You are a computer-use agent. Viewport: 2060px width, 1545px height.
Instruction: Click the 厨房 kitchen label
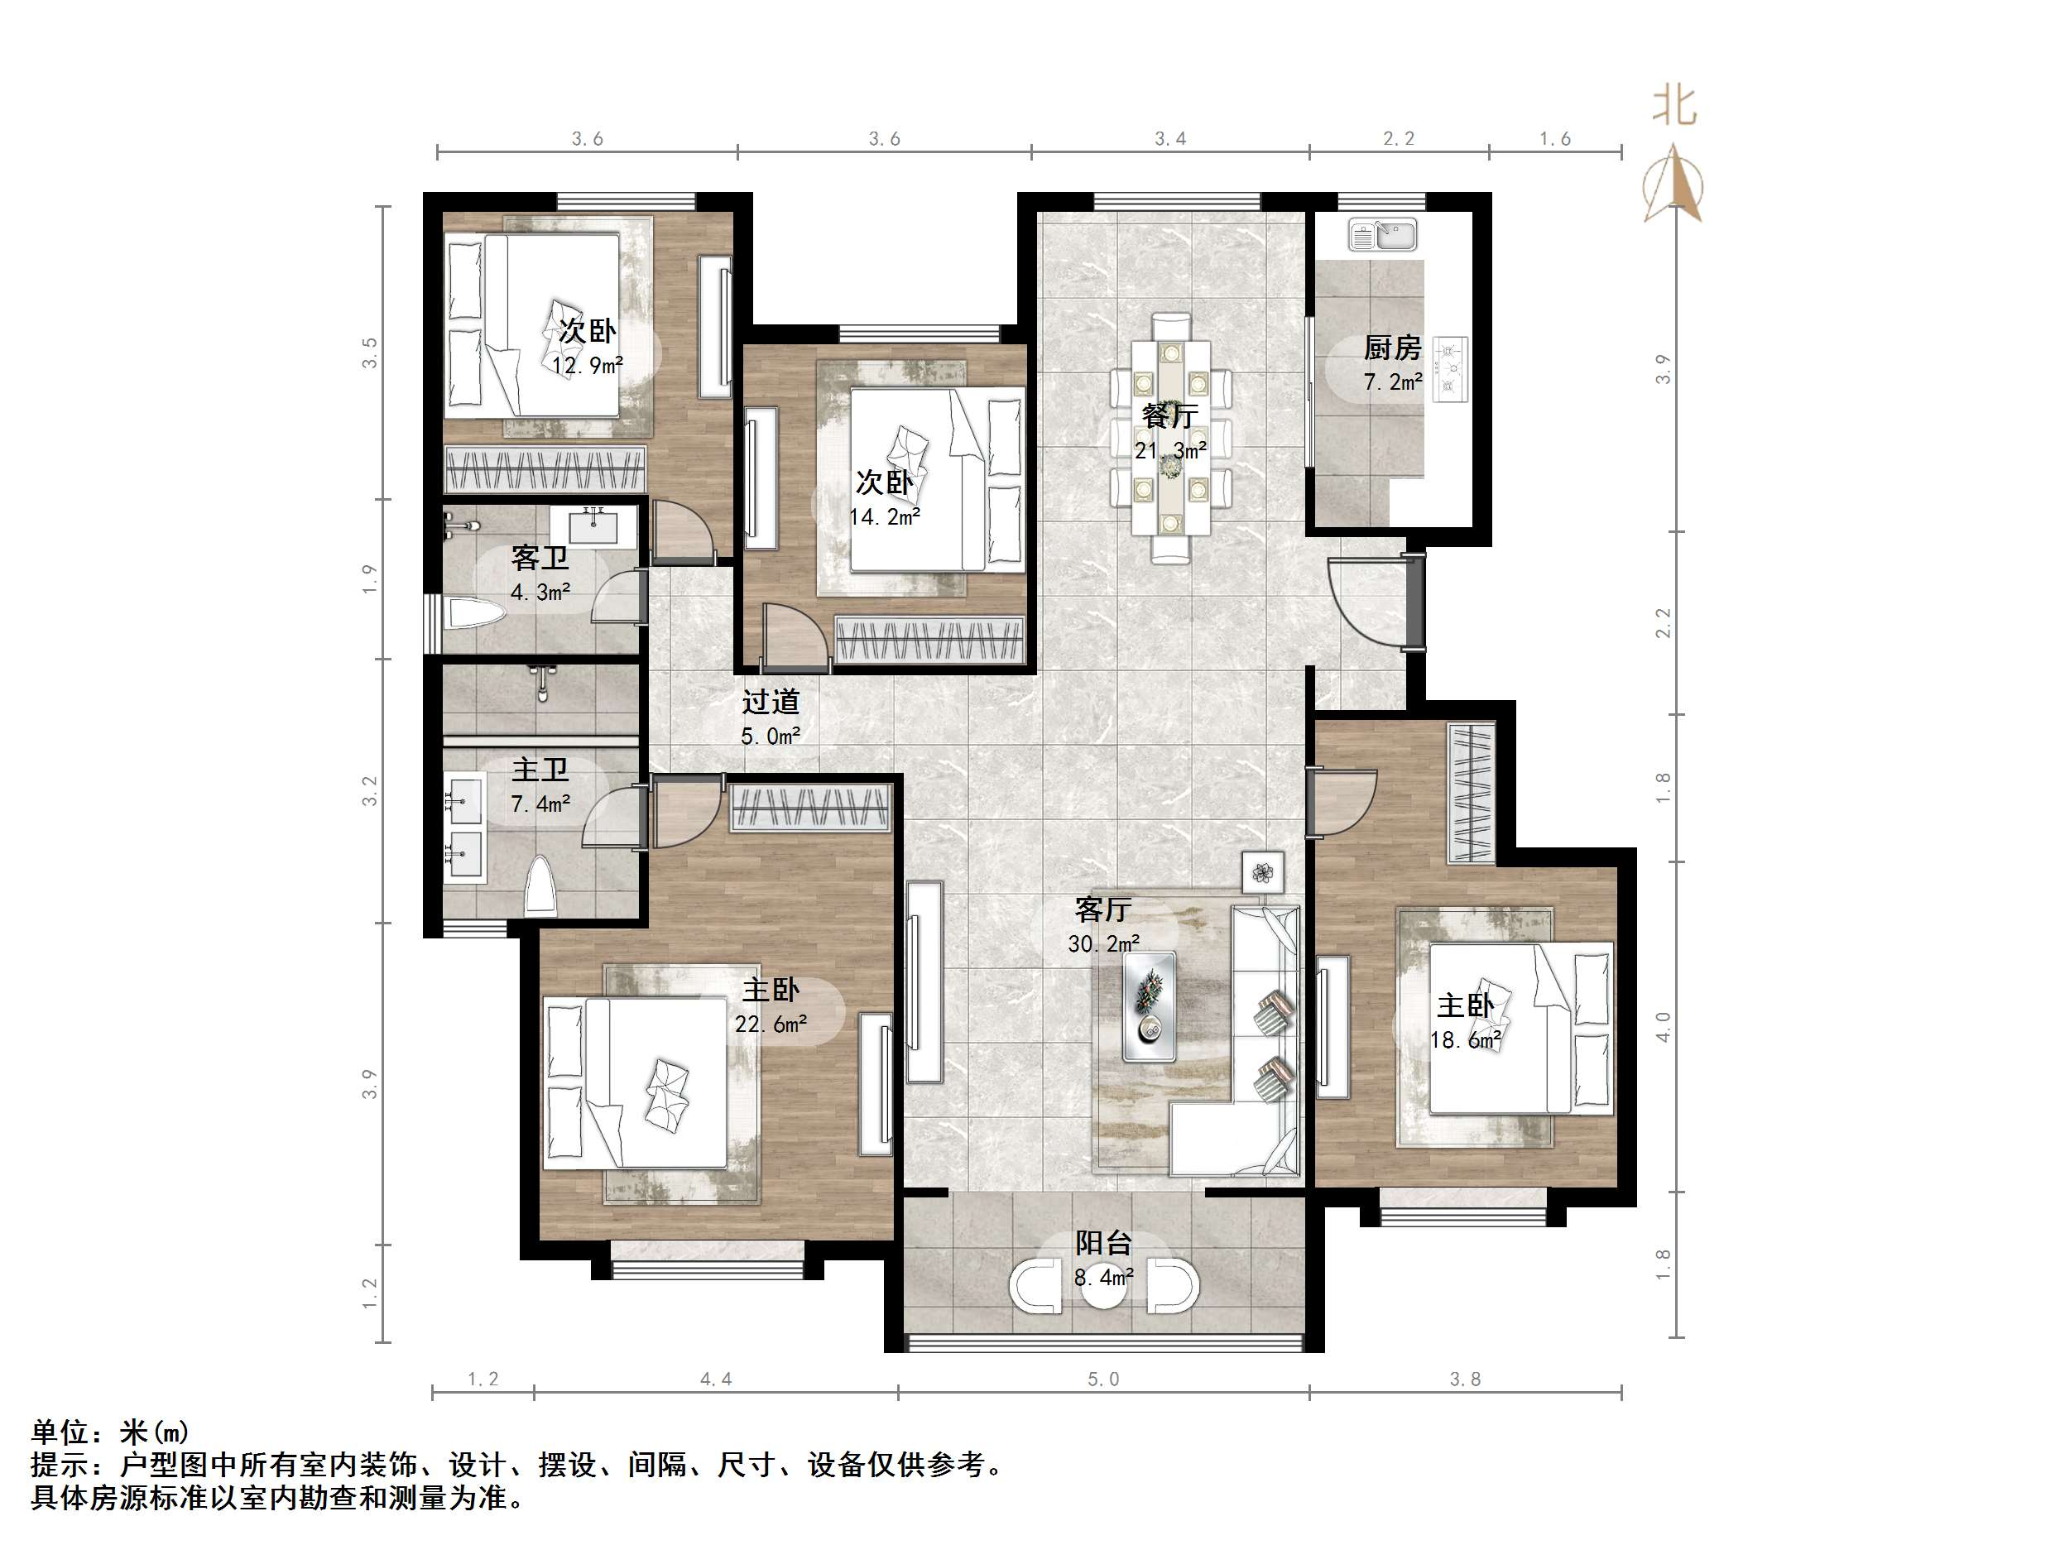click(x=1392, y=348)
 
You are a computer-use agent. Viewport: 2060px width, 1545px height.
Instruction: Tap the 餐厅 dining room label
click(x=1169, y=415)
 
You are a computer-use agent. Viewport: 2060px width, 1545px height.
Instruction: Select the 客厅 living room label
click(x=1102, y=909)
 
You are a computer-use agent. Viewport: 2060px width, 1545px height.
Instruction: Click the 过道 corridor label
click(x=771, y=701)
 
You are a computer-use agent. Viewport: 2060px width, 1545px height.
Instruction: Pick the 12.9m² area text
click(x=587, y=366)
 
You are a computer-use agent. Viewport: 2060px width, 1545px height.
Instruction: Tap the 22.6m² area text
click(x=771, y=1024)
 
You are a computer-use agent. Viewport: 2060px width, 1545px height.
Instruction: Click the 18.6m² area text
click(x=1466, y=1040)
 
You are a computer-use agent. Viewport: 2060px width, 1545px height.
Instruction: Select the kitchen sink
click(x=1383, y=236)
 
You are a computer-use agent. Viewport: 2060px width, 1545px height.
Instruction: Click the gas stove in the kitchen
click(x=1450, y=370)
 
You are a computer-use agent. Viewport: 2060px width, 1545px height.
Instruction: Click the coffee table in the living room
click(x=1148, y=1005)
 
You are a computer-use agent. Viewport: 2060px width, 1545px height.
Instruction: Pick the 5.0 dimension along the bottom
click(x=1103, y=1379)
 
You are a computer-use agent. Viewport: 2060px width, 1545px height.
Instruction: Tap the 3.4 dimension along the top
click(x=1170, y=139)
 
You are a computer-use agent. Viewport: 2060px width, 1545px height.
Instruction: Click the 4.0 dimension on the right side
click(x=1664, y=1026)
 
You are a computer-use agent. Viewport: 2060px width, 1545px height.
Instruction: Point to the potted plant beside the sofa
click(x=1263, y=872)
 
